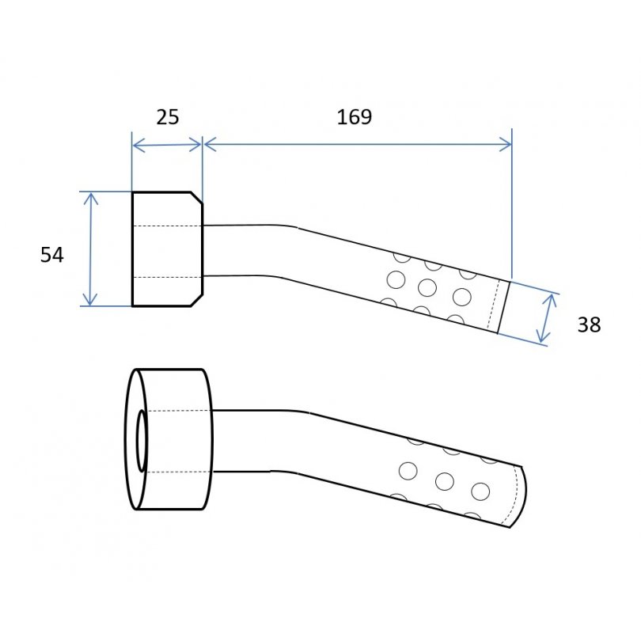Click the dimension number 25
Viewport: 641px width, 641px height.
coord(168,117)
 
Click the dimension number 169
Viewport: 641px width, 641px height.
coord(355,117)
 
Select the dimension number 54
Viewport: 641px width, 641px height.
coord(52,255)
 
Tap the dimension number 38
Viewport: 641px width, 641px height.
coord(589,325)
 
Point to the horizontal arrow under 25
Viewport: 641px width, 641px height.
coord(167,145)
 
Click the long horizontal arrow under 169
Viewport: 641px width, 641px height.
coord(358,144)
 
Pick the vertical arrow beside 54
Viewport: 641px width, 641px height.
coord(90,249)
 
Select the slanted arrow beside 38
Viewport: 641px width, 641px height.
coord(547,318)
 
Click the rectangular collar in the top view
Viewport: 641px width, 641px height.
coord(167,249)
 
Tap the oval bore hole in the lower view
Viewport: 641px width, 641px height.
coord(142,440)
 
